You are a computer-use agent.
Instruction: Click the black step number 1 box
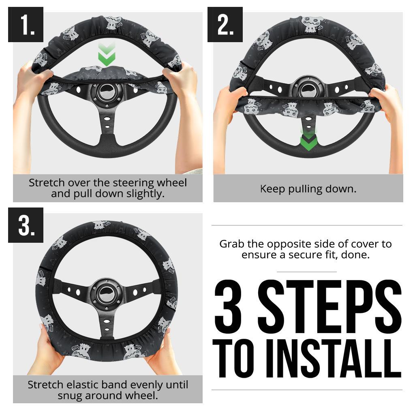click(26, 25)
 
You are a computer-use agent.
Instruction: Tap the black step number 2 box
click(225, 25)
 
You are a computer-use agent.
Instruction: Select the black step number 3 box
click(26, 225)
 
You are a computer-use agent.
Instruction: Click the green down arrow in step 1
click(107, 54)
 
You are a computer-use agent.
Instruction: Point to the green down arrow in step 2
click(308, 140)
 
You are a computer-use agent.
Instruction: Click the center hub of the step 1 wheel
click(107, 93)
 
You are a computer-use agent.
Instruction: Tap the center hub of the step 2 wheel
click(308, 90)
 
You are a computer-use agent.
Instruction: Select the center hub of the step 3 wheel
click(107, 294)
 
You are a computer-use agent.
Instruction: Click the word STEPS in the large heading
click(330, 307)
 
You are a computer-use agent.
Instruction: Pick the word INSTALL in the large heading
click(334, 359)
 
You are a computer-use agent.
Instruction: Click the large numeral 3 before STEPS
click(228, 307)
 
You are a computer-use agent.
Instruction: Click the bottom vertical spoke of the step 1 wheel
click(107, 124)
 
